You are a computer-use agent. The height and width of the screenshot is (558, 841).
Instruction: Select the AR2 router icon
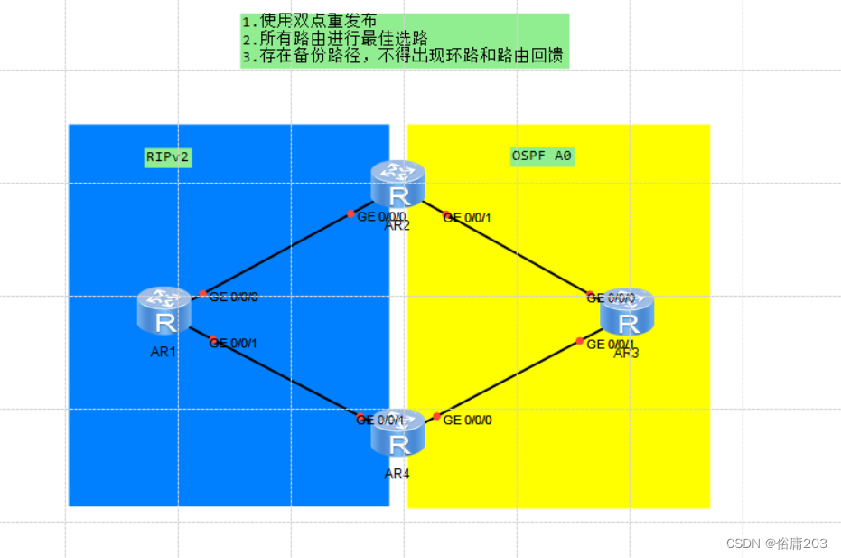click(397, 184)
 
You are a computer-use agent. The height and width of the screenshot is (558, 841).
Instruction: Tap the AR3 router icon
click(626, 312)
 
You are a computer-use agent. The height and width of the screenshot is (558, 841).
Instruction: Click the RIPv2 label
click(168, 156)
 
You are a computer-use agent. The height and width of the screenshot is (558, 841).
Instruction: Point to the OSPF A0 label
click(541, 156)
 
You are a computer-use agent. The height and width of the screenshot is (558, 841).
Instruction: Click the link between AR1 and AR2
click(276, 254)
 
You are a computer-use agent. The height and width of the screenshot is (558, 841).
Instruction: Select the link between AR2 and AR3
click(517, 255)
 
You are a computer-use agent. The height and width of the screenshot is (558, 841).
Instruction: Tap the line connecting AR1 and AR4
click(285, 379)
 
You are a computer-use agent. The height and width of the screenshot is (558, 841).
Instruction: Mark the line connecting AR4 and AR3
click(508, 379)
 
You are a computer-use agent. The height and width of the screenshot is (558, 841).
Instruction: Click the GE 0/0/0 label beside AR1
click(233, 298)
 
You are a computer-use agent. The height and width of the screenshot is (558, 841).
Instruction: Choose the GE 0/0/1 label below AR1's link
click(234, 343)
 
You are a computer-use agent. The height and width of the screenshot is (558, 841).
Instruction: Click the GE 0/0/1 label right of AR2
click(468, 218)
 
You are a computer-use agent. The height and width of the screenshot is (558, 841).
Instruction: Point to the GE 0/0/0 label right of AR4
click(468, 421)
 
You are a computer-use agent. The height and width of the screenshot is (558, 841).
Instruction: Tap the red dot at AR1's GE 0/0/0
click(202, 293)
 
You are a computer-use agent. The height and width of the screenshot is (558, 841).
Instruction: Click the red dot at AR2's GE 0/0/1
click(445, 215)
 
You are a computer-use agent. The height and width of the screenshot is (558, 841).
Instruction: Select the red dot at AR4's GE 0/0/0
click(436, 416)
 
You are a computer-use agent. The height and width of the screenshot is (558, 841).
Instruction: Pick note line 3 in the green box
click(405, 57)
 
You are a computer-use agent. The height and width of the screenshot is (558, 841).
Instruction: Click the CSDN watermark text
click(776, 543)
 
